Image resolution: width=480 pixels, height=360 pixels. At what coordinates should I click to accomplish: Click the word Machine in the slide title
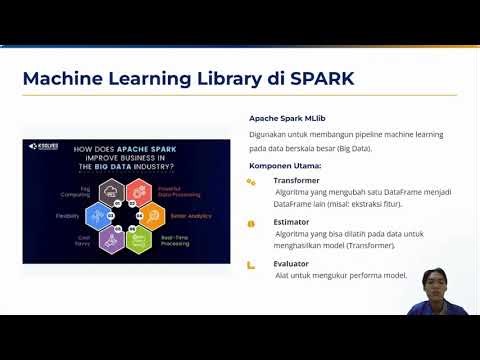(x=62, y=78)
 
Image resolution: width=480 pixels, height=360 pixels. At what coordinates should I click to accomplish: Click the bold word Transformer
(x=297, y=181)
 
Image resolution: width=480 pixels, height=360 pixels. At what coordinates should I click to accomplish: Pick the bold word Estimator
(x=293, y=222)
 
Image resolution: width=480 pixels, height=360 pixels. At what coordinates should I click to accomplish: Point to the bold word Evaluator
(x=293, y=263)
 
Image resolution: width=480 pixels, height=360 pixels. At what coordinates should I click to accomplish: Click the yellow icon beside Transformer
(x=251, y=182)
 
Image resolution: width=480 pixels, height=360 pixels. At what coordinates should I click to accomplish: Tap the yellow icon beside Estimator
(x=251, y=223)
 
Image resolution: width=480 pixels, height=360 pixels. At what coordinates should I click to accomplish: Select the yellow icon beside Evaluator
(x=251, y=264)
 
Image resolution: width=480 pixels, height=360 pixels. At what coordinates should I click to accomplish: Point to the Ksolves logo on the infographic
(x=45, y=147)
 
